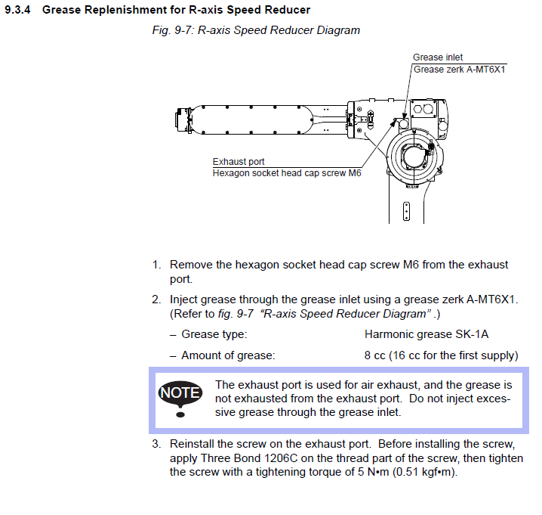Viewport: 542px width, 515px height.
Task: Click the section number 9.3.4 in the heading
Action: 19,10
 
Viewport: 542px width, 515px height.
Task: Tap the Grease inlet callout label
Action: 438,57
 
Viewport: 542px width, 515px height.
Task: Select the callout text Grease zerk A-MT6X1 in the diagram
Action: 459,70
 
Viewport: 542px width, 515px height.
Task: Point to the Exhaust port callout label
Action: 239,162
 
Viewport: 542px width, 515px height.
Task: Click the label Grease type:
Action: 214,334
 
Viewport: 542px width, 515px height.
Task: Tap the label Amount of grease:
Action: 229,355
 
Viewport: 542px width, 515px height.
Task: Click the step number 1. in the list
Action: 156,265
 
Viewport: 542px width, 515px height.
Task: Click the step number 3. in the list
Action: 156,443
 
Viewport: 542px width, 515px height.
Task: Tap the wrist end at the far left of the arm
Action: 181,119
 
